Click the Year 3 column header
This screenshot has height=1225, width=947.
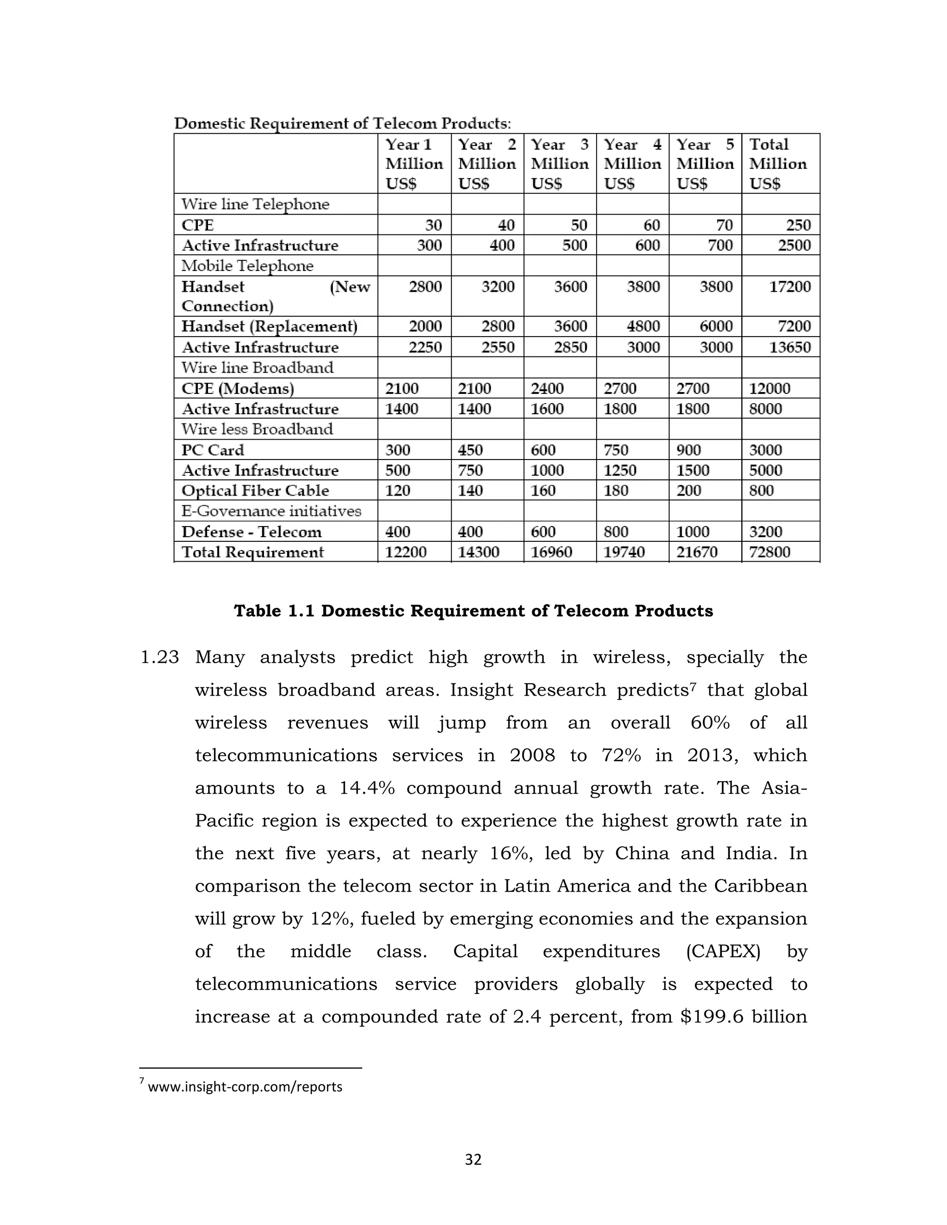coord(560,163)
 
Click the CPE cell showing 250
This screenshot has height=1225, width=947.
coord(798,225)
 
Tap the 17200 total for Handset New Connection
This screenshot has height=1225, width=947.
coord(789,287)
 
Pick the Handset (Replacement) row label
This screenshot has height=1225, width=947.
coord(269,326)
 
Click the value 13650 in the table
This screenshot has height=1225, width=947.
coord(789,347)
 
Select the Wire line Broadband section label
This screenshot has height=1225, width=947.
coord(257,367)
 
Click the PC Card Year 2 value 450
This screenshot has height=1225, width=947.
coord(470,450)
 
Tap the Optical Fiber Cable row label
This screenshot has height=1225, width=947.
coord(255,490)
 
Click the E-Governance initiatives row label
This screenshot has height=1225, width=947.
coord(271,511)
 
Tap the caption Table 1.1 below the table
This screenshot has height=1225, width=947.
coord(473,611)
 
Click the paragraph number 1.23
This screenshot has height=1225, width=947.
coord(160,657)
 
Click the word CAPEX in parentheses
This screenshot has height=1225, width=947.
coord(723,951)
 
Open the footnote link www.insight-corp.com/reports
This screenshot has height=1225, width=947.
coord(245,1086)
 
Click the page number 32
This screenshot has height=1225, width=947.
coord(473,1159)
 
